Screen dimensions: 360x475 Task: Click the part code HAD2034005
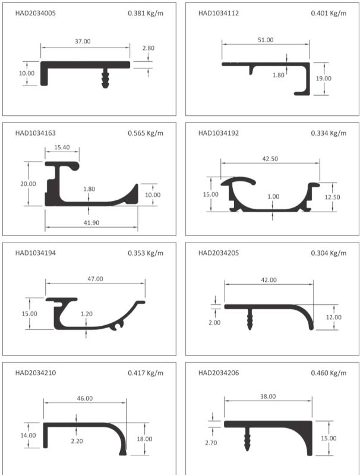tap(36, 13)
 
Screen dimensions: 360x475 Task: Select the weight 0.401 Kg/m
tap(329, 13)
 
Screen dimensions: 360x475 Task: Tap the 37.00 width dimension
tap(83, 41)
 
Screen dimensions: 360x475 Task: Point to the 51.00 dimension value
tap(266, 40)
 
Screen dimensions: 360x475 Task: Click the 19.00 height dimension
tap(324, 78)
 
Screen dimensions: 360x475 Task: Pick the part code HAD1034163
tap(36, 133)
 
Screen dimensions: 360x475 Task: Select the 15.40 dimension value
tap(62, 147)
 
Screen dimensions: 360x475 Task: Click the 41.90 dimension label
tap(91, 223)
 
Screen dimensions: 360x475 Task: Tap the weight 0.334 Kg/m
tap(329, 133)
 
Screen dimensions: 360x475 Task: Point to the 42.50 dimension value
tap(270, 159)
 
